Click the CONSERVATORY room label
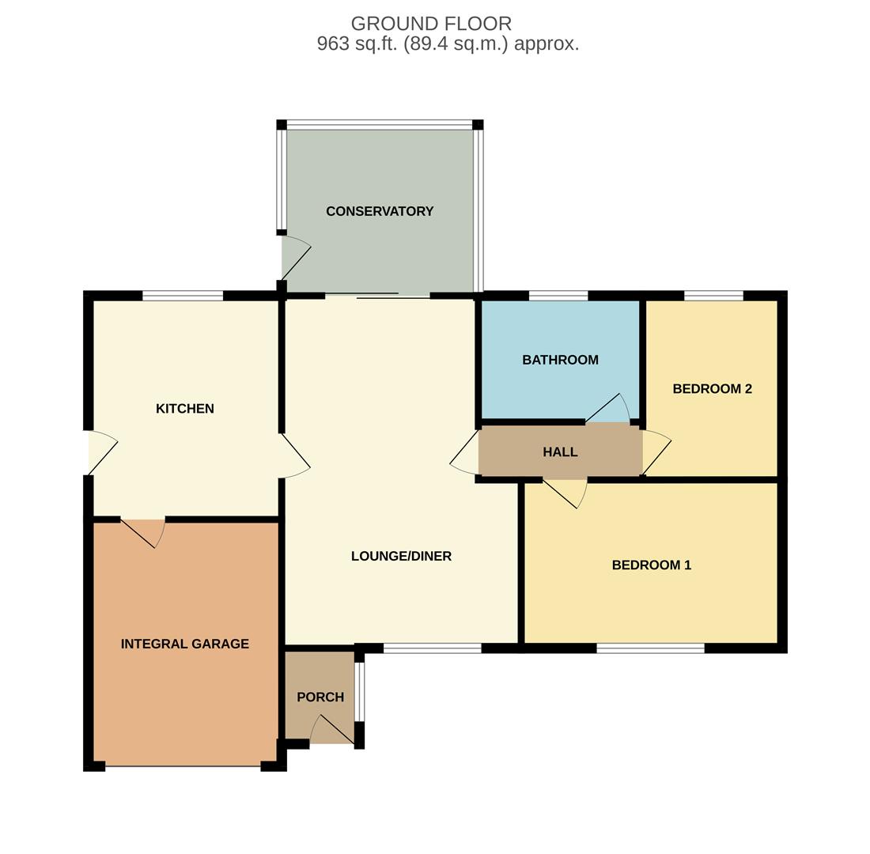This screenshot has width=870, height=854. click(x=380, y=211)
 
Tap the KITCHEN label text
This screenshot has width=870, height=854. click(x=184, y=408)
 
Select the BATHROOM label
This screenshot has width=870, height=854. click(x=560, y=360)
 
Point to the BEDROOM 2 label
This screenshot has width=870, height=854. click(x=712, y=388)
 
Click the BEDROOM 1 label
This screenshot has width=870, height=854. click(x=651, y=565)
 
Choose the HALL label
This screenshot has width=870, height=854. click(x=560, y=452)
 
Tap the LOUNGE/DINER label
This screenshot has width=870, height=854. click(x=401, y=556)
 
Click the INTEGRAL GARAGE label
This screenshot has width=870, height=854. click(x=184, y=644)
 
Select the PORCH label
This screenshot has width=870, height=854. click(x=320, y=697)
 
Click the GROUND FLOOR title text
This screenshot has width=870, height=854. click(x=431, y=24)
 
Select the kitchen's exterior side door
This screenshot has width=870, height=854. click(x=101, y=453)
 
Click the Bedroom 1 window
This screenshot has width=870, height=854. click(x=650, y=648)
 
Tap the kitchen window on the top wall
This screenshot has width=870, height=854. click(x=183, y=296)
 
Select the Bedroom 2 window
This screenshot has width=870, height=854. click(x=713, y=296)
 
